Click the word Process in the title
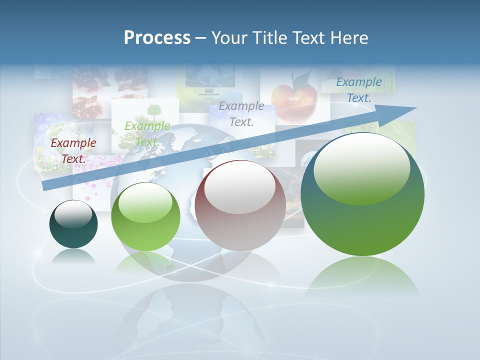[157, 37]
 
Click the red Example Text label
[73, 150]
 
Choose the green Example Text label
[147, 133]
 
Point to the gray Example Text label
[241, 113]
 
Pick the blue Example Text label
[358, 90]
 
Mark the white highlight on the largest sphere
[361, 168]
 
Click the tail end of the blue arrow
[46, 186]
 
